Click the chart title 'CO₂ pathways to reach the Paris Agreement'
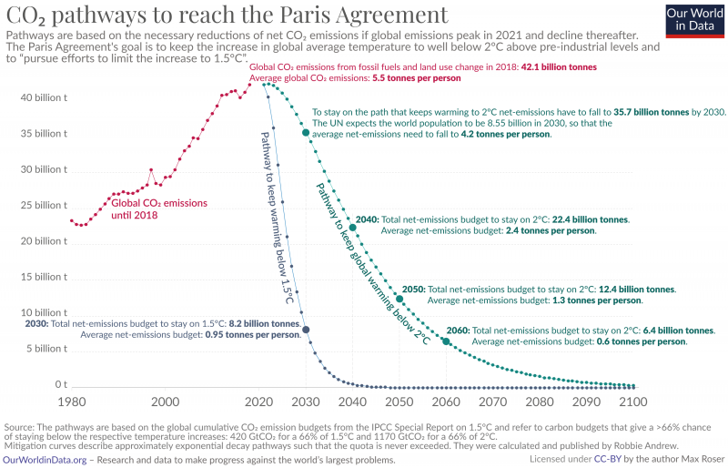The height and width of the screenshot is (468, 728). point(227,15)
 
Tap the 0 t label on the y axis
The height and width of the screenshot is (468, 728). point(60,385)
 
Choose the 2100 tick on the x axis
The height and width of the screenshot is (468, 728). point(632,402)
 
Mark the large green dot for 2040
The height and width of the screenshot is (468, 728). point(353,228)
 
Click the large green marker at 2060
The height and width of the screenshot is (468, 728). point(446,341)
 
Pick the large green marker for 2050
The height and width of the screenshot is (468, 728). point(399,299)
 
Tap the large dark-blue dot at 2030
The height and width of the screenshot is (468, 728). point(306,329)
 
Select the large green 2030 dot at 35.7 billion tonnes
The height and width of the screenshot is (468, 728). point(306,133)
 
